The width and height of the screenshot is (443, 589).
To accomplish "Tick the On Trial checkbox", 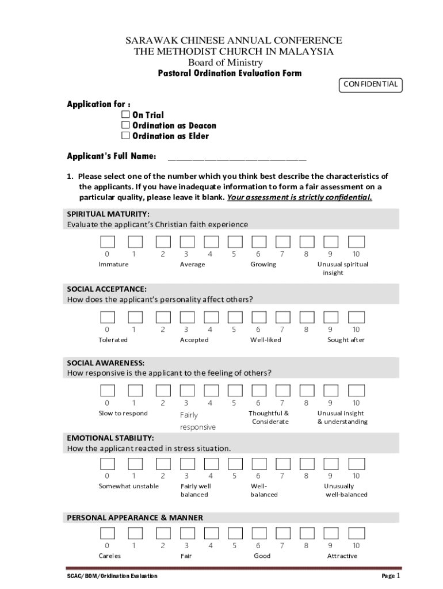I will tap(125, 115).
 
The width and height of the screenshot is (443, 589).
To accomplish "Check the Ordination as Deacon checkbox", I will tap(125, 125).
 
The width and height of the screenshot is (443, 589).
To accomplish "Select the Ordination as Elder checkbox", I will tap(125, 136).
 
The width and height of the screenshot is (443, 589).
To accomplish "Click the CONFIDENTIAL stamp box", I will tap(370, 85).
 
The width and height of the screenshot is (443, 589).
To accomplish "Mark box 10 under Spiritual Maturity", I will tap(356, 242).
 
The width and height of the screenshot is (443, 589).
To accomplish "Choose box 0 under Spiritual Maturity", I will tap(107, 242).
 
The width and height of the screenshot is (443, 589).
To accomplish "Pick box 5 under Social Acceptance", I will tap(234, 318).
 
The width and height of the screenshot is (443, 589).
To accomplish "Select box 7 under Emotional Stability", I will tap(282, 464).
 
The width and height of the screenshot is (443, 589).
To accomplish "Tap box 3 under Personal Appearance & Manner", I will tap(186, 533).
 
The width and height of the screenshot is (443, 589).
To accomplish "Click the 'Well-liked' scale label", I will tap(266, 340).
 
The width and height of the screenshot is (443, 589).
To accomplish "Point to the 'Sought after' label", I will tap(346, 340).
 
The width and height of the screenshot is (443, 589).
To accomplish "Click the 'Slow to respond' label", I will tap(123, 414).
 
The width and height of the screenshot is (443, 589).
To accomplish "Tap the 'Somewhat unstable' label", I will tap(128, 487).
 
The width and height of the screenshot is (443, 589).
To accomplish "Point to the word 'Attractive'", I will tap(342, 556).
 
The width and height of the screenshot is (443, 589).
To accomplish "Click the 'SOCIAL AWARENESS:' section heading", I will tap(106, 363).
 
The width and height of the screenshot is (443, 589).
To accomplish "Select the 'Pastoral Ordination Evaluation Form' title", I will tap(230, 74).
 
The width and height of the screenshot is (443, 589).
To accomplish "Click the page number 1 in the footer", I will tap(398, 575).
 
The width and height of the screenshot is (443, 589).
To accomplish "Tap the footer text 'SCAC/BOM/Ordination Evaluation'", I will tap(112, 576).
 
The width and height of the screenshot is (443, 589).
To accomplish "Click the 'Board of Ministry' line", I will tap(226, 63).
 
